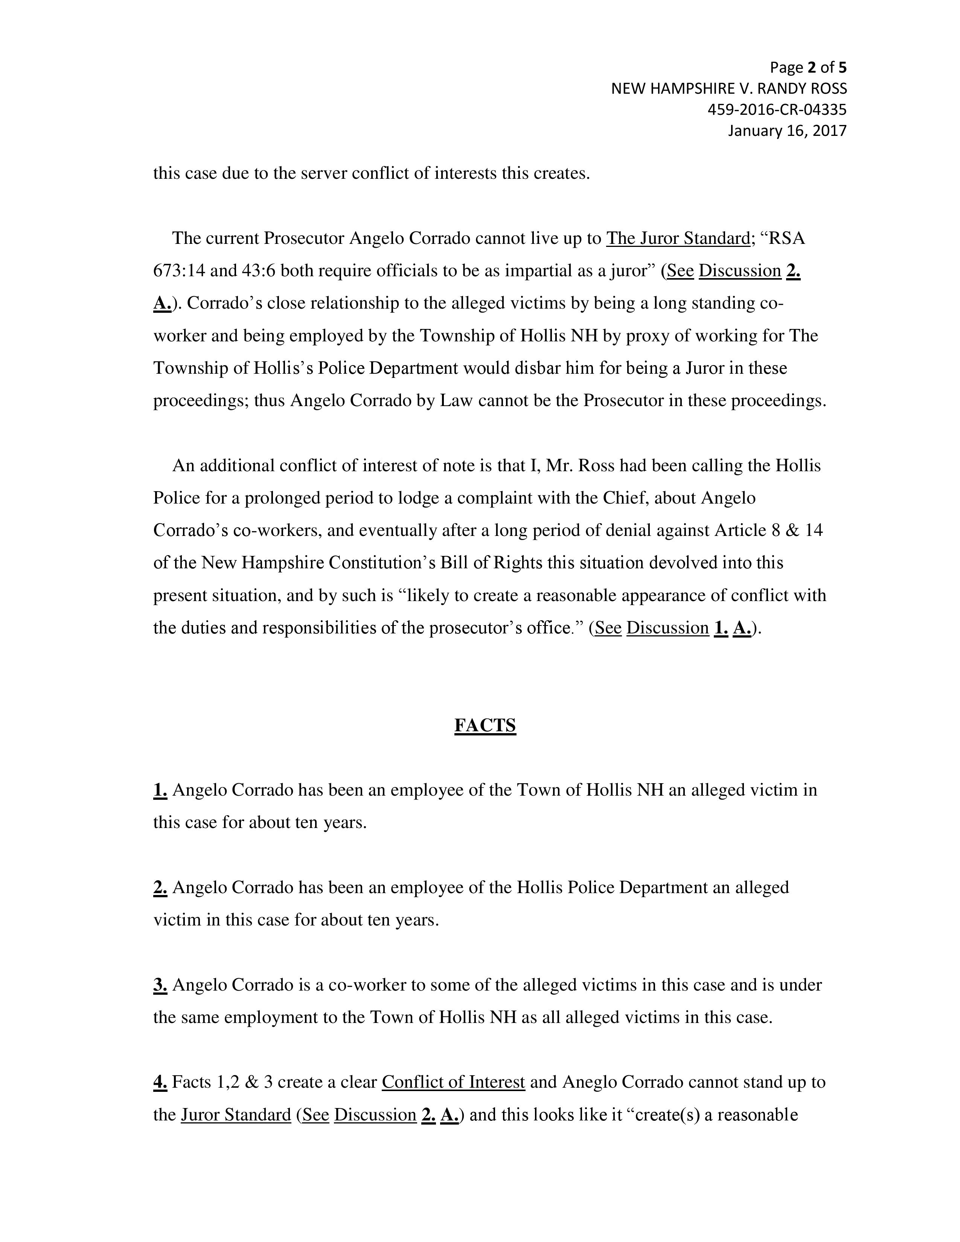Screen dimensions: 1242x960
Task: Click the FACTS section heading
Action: [x=485, y=726]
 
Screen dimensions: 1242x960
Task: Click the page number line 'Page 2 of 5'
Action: [x=808, y=68]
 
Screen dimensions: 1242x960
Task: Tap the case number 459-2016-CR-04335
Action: [x=776, y=109]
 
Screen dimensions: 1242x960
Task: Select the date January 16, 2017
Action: [x=787, y=131]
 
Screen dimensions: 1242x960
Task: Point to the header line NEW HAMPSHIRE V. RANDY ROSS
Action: [x=728, y=89]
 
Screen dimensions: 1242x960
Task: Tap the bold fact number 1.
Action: [x=160, y=790]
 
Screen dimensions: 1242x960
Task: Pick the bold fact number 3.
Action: [x=160, y=985]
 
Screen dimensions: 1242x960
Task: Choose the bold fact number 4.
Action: [x=160, y=1082]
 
